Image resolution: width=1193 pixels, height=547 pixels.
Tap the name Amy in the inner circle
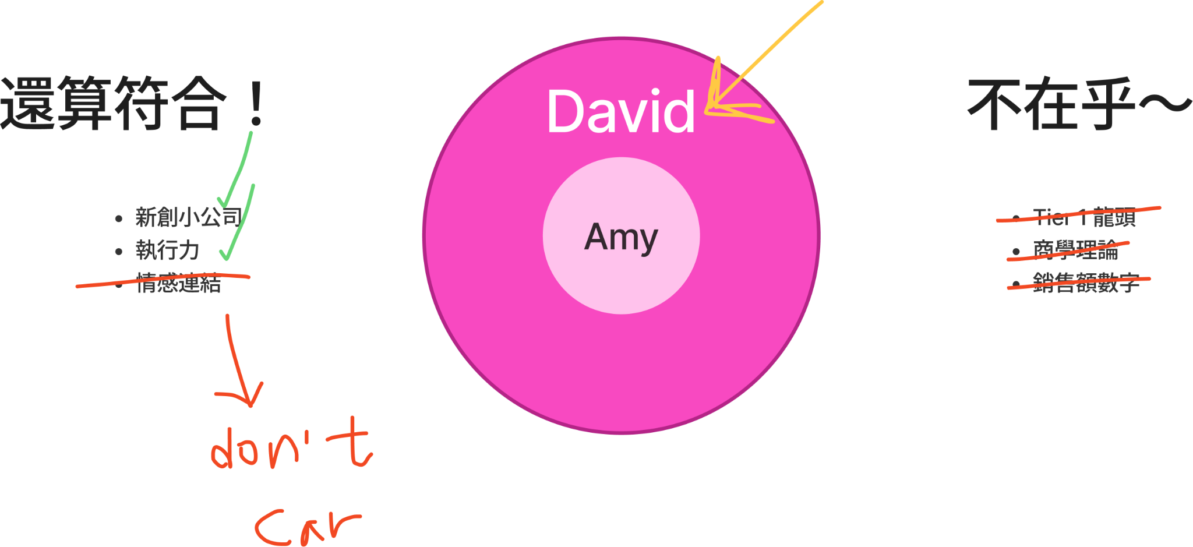(x=621, y=237)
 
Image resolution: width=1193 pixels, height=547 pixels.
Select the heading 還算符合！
(x=131, y=103)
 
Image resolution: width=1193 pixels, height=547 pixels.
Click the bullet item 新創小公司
(x=188, y=217)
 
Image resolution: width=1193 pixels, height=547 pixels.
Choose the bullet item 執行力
(x=167, y=250)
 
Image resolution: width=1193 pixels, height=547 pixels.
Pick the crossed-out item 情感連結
(x=178, y=284)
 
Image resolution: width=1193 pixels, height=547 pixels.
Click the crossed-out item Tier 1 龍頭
(x=1083, y=217)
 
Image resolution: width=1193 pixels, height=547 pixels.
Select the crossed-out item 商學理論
(x=1075, y=250)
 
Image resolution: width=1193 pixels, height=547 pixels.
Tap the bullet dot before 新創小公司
(x=119, y=218)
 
